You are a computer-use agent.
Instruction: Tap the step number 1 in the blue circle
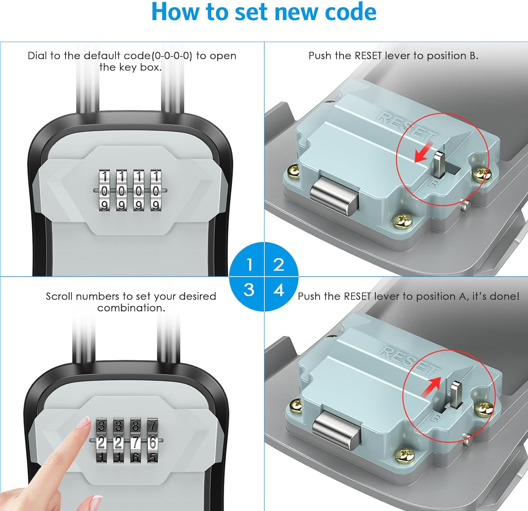tap(250, 264)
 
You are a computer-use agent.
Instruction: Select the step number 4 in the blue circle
tap(279, 290)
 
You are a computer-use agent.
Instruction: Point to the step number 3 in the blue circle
tap(249, 290)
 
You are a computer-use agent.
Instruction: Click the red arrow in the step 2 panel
tap(423, 152)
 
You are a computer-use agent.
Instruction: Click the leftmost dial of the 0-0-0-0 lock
tap(105, 191)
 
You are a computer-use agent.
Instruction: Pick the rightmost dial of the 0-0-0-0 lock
tap(156, 191)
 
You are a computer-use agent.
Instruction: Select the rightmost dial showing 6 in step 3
tap(153, 442)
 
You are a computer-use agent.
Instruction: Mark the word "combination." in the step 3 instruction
tap(131, 308)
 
